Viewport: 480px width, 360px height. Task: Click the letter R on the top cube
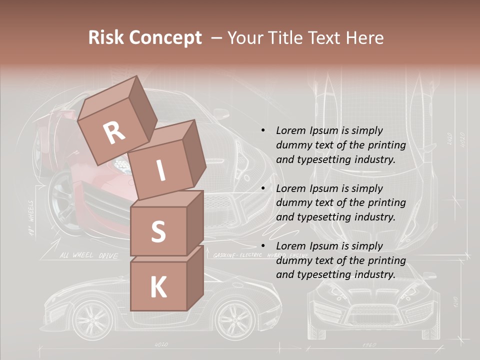114,133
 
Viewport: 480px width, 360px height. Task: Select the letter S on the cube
158,232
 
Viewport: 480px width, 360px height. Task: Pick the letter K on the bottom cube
158,287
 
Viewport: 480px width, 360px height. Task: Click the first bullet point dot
263,130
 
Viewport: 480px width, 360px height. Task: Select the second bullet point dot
263,188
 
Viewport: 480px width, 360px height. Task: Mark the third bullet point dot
263,246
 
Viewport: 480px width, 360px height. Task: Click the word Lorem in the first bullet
289,130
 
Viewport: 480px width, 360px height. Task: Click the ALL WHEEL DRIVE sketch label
89,256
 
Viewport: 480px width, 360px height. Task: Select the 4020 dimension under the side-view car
161,345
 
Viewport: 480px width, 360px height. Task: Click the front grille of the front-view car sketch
368,315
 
